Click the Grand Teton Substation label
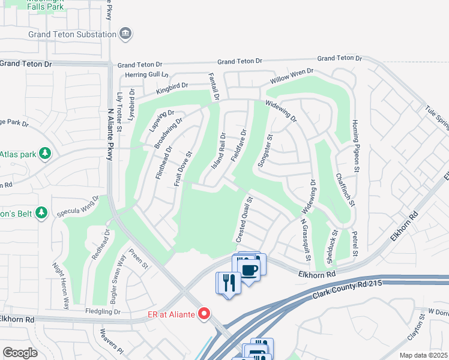(72, 34)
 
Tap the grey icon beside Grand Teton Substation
(126, 34)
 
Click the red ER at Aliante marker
(204, 313)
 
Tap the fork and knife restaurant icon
(229, 282)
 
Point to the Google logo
(20, 353)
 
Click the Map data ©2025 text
(423, 355)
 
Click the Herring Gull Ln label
(148, 74)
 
